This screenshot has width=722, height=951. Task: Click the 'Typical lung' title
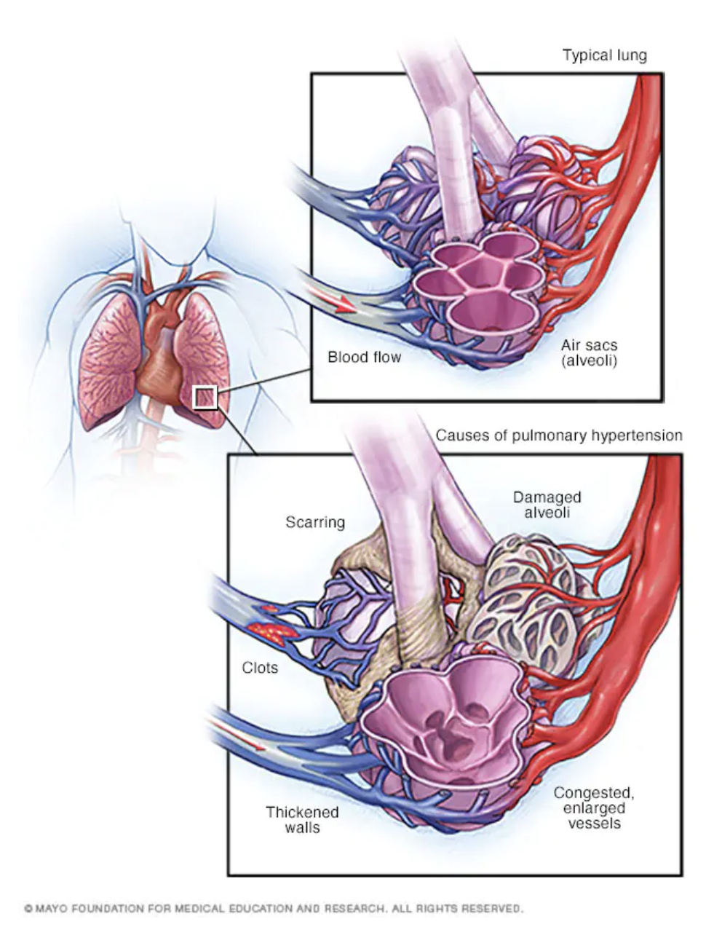[604, 55]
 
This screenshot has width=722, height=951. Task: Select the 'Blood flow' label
[364, 357]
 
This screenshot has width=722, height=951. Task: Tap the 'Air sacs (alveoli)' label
[589, 352]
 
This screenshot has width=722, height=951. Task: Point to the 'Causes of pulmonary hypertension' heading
[559, 435]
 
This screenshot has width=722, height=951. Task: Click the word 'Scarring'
[315, 522]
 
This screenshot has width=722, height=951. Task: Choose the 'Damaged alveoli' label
[547, 505]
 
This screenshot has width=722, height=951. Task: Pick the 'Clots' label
[260, 667]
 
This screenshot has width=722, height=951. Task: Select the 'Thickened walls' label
[302, 819]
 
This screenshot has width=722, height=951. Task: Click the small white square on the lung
[205, 398]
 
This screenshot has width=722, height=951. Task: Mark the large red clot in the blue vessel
[273, 631]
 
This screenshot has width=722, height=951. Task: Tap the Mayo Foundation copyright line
[273, 909]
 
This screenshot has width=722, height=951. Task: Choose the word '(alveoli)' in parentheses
[589, 360]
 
